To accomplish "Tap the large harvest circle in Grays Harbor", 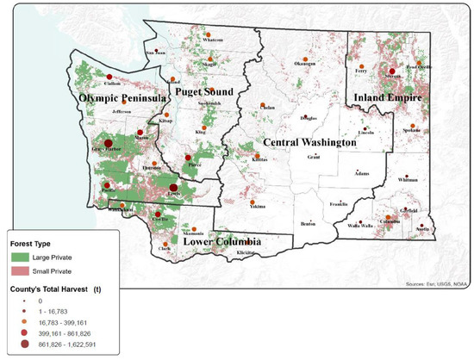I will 108,145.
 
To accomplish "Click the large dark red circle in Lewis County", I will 173,188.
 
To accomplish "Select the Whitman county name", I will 409,181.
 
